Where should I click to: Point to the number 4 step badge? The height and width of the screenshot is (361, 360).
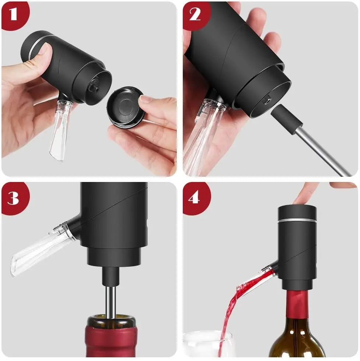tap(195, 198)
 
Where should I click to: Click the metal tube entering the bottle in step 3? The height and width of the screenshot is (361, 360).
tap(110, 300)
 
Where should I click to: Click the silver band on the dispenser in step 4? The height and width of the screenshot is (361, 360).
tap(297, 221)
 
